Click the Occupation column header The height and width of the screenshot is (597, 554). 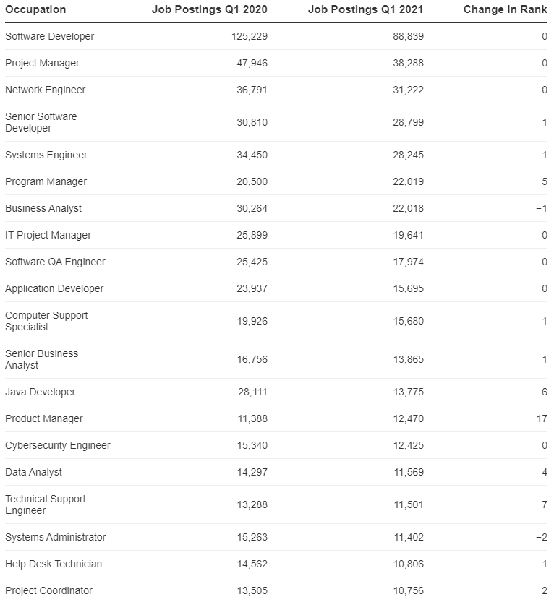point(35,9)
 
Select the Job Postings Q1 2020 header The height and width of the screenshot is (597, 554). point(209,9)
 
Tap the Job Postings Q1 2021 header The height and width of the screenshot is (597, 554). point(365,9)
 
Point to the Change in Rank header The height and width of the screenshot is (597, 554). point(505,9)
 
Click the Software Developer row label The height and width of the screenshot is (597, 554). point(49,36)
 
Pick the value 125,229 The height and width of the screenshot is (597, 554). point(250,36)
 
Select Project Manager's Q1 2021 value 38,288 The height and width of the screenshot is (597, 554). point(408,63)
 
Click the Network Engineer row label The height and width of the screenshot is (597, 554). point(45,90)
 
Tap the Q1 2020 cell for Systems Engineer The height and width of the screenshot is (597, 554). point(252,155)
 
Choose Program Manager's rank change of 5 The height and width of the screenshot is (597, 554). point(544,181)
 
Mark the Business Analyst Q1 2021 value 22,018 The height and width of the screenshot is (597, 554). point(408,208)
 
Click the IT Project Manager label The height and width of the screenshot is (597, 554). point(48,235)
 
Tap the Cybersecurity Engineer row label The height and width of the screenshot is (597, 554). point(58,445)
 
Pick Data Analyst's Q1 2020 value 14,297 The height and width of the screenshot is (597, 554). point(252,472)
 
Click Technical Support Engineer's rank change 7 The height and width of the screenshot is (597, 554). point(544,504)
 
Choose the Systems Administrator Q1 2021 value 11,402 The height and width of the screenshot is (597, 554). point(408,537)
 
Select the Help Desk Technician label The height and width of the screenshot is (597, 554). point(54,564)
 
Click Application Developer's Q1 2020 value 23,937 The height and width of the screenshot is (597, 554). point(252,288)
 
